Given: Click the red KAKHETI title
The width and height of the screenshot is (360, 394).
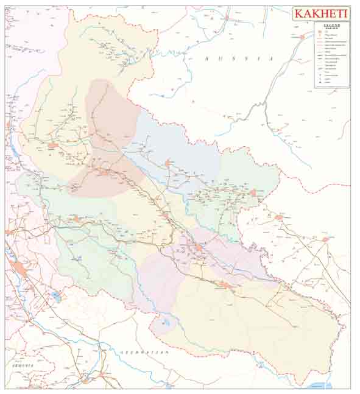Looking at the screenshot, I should click(x=321, y=14).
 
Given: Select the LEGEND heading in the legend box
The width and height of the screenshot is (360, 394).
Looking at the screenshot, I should click(x=332, y=26).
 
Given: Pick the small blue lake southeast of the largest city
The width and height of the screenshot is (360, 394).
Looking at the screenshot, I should click(x=56, y=297).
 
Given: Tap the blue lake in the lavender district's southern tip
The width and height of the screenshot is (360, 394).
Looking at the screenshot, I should click(x=164, y=323).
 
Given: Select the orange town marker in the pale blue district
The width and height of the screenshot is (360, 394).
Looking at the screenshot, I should click(x=168, y=163).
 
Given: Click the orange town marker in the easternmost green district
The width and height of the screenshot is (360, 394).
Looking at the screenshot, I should click(x=253, y=193).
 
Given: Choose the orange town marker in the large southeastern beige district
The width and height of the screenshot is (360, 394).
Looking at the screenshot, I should click(x=225, y=284).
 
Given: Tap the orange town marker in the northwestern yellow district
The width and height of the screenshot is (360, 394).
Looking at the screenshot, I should click(x=53, y=146).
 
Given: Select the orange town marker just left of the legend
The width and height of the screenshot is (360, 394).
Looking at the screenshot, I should click(x=302, y=37).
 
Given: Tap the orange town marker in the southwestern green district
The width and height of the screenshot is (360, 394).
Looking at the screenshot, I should click(x=76, y=218).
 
